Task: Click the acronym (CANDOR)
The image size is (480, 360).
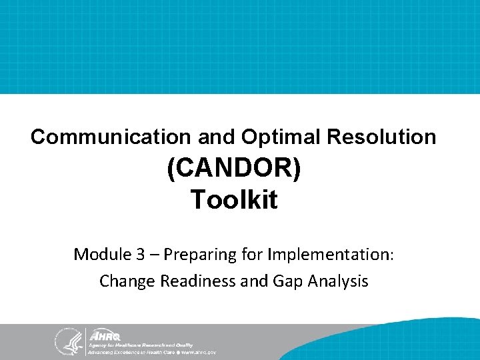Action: pyautogui.click(x=234, y=169)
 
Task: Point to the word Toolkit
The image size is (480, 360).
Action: pyautogui.click(x=234, y=199)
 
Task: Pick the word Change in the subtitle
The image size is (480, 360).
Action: pyautogui.click(x=125, y=281)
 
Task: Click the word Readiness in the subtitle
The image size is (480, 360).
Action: pyautogui.click(x=193, y=281)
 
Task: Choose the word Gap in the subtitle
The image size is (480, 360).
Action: pyautogui.click(x=286, y=281)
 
